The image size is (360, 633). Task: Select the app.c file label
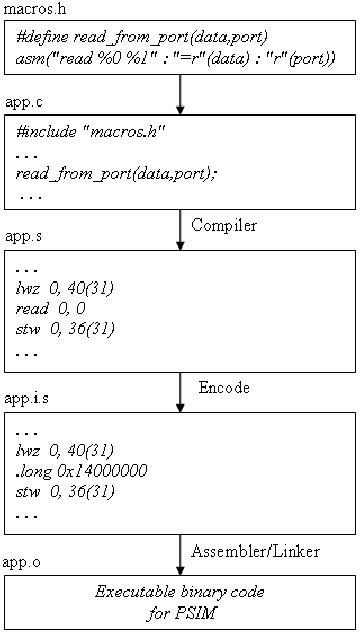23,103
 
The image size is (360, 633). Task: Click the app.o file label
23,564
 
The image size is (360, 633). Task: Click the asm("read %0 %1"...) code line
175,60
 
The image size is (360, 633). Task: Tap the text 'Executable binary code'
180,591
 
